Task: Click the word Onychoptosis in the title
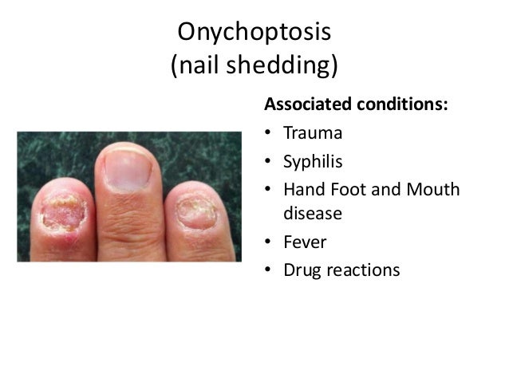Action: click(254, 33)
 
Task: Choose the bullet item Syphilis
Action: click(313, 162)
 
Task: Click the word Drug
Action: click(302, 270)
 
